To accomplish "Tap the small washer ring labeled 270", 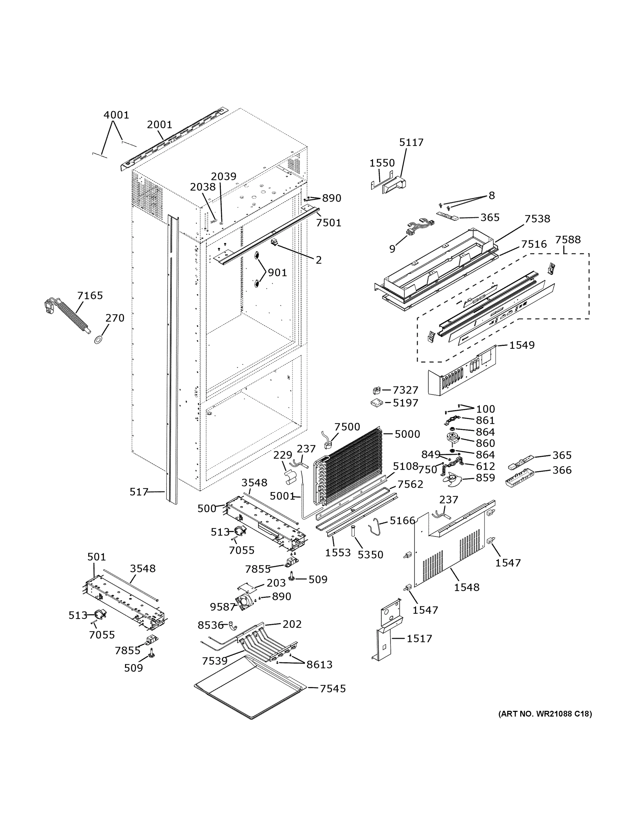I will pos(98,339).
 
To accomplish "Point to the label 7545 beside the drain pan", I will pos(333,689).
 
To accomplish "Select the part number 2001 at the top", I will pos(159,125).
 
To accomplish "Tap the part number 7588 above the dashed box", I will pos(567,240).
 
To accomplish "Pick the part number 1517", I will pos(419,639).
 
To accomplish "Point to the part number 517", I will pos(138,492).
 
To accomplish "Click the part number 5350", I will pos(370,555).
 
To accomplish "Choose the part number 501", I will pos(96,557).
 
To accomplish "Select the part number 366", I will pos(562,470).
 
